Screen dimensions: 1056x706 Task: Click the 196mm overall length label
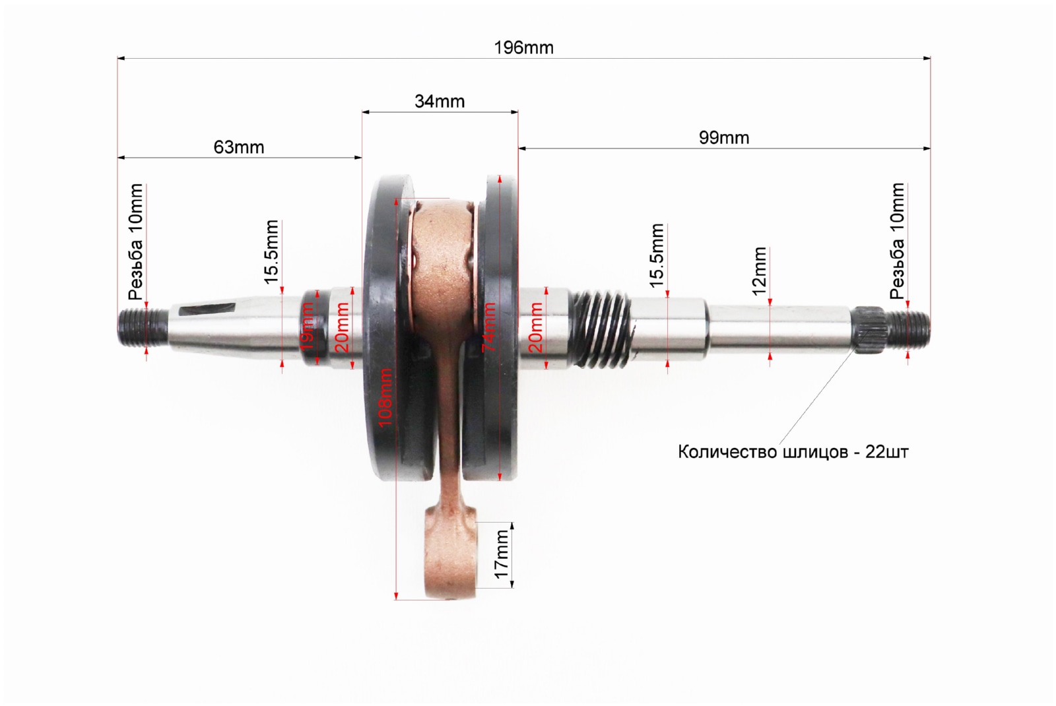tap(523, 48)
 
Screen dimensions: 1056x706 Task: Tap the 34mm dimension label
tap(440, 102)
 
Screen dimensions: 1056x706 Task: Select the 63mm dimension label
tap(238, 147)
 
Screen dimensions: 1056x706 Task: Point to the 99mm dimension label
tap(723, 138)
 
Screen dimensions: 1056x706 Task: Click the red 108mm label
tap(385, 397)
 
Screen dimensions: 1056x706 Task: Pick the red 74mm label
tap(489, 327)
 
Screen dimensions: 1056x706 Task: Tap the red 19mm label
tap(308, 327)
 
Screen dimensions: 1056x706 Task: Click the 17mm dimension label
tap(502, 554)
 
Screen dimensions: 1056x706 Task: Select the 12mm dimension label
tap(759, 271)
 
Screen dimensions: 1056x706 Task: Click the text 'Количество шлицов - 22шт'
tap(793, 452)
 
